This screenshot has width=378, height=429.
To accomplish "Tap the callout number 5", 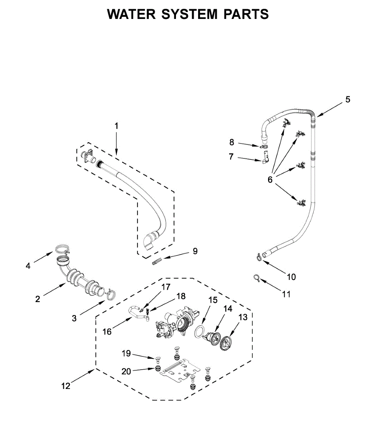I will click(x=348, y=99).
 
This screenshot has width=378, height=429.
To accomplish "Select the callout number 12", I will click(x=66, y=386).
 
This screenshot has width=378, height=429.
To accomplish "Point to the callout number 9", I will click(x=195, y=251).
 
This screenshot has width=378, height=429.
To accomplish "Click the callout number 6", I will click(x=270, y=180).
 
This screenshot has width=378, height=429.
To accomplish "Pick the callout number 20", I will click(x=126, y=371).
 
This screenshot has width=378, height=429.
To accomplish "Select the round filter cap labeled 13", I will click(x=226, y=344).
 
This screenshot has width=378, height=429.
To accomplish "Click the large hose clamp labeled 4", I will click(x=62, y=249).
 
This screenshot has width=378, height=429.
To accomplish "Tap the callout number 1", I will click(x=116, y=126).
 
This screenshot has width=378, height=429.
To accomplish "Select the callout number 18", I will click(x=181, y=296).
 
